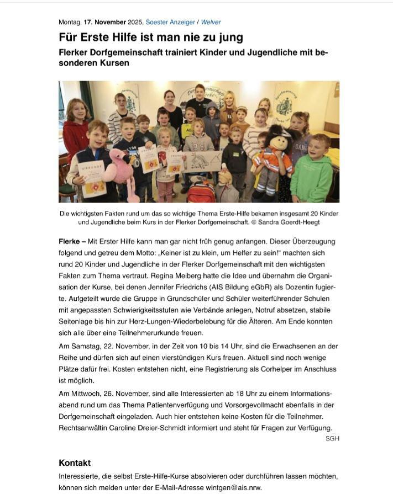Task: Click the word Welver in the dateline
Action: tap(211, 22)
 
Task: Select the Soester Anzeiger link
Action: tap(170, 22)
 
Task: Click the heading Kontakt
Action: tap(75, 463)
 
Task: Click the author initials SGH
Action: tap(332, 438)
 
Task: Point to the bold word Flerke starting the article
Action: tap(70, 241)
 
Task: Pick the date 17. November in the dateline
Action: tap(105, 22)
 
